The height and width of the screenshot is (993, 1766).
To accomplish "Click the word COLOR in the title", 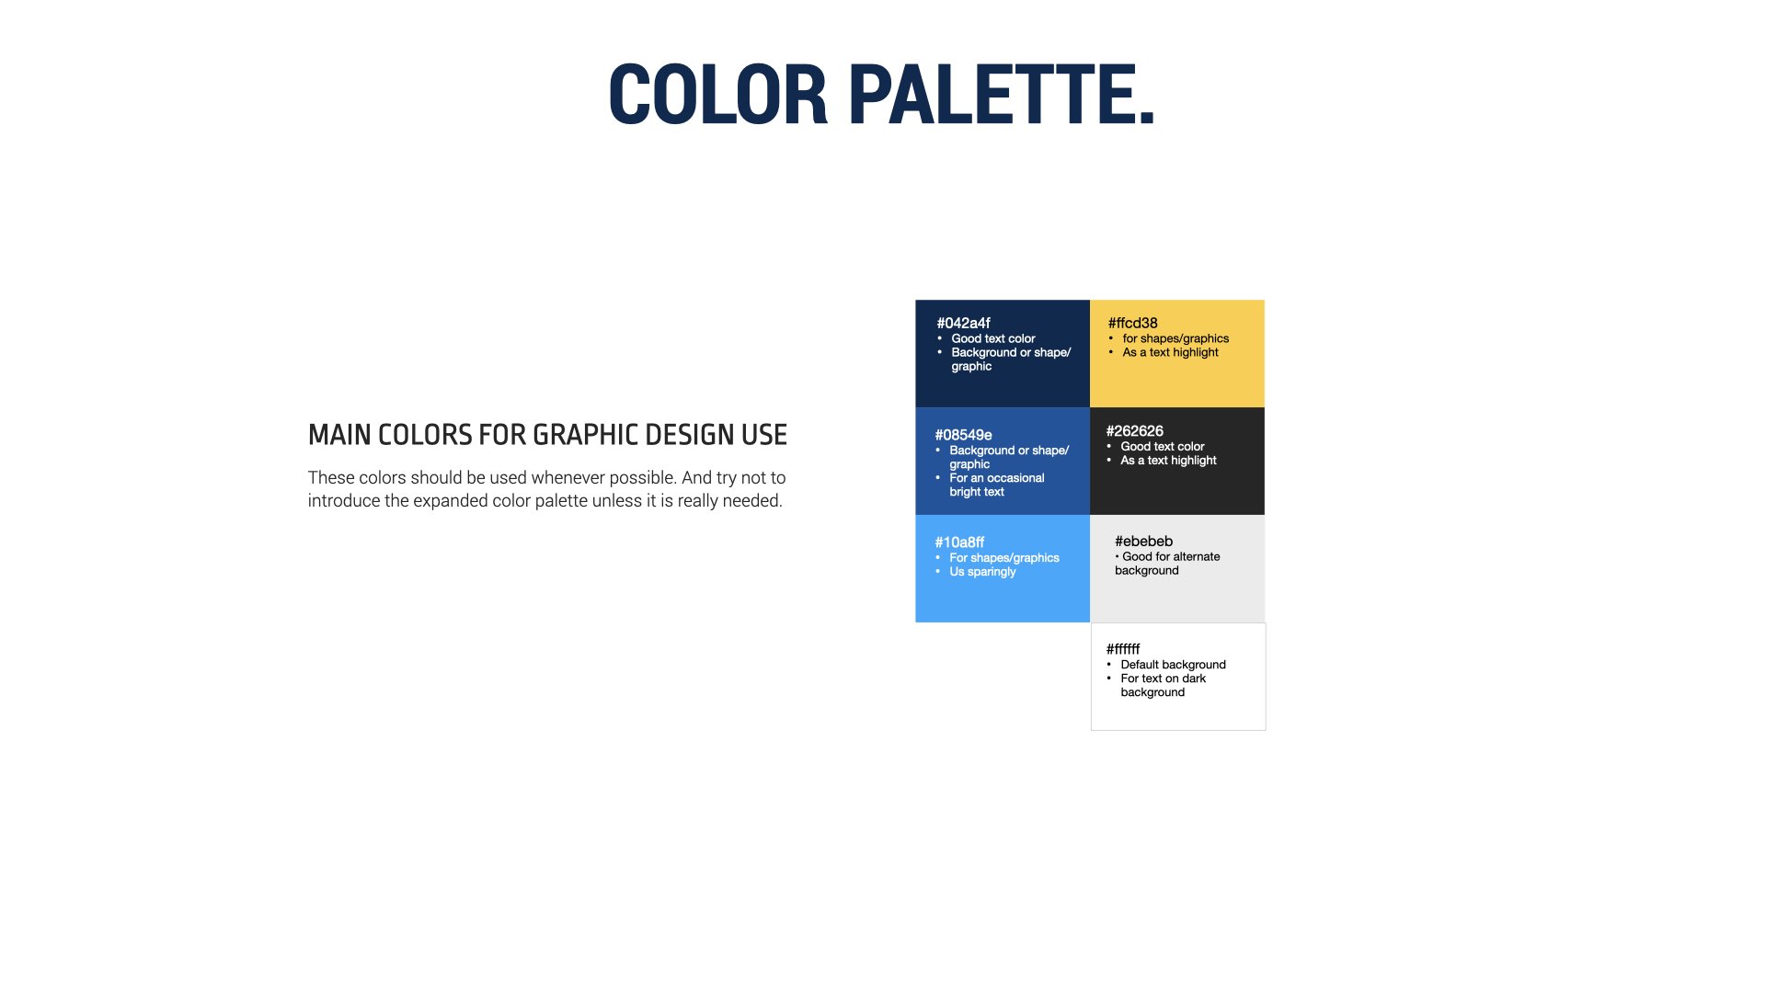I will [x=717, y=95].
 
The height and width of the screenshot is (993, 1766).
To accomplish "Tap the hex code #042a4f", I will [x=963, y=323].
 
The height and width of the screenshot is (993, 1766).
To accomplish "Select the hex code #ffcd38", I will [x=1132, y=323].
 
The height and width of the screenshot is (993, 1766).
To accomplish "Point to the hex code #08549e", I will [x=963, y=435].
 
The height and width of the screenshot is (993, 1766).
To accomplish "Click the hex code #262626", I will [x=1134, y=430].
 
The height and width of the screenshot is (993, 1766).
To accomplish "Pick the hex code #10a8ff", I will [x=959, y=542].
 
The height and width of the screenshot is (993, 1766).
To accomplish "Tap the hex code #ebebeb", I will [x=1143, y=541].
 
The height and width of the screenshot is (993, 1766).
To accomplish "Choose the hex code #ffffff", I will [x=1122, y=648].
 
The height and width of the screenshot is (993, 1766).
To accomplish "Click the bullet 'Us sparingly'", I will [x=982, y=572].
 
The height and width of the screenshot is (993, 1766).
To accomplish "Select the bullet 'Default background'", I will [x=1173, y=665].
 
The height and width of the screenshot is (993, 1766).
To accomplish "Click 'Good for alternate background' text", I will [x=1166, y=564].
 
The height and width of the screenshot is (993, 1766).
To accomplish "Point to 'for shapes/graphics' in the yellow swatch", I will [x=1175, y=338].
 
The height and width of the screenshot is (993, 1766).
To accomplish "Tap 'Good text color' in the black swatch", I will [x=1162, y=446].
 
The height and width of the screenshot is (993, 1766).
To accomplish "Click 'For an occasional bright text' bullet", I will [x=996, y=485].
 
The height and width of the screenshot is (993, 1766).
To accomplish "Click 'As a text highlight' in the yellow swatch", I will [x=1170, y=352].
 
